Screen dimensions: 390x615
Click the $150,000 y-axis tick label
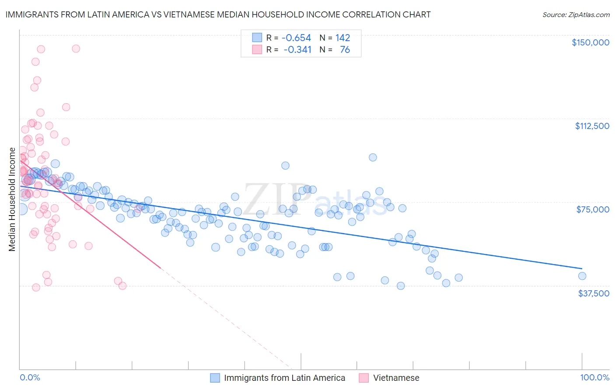coord(590,42)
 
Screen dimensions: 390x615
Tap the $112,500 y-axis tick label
coord(592,126)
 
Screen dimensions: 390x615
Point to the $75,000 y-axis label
coord(593,209)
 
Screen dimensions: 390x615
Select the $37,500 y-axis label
coord(594,293)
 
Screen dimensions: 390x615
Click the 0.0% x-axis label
coord(30,377)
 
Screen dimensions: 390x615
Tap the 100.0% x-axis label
coord(594,377)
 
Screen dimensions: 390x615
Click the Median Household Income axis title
coord(12,199)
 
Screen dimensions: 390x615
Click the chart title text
coord(218,14)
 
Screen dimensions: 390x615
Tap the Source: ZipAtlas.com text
coord(576,14)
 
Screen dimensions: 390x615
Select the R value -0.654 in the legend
coord(296,38)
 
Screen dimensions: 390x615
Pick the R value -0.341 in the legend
coord(297,50)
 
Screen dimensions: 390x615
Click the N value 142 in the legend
coord(342,38)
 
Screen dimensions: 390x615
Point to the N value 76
coord(345,50)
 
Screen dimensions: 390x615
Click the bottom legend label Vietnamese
coord(396,378)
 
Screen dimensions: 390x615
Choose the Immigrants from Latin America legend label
coord(284,378)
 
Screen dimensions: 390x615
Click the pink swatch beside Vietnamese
coord(363,378)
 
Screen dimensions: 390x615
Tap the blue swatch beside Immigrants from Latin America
coord(215,378)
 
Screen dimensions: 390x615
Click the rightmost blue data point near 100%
coord(582,276)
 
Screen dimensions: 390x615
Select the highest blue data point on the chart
coord(373,157)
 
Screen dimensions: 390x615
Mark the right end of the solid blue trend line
coord(582,268)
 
